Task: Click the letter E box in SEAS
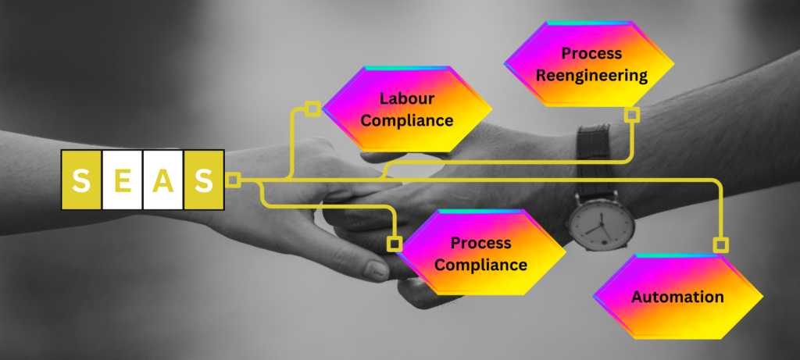[x=122, y=180]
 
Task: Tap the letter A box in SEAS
[x=162, y=180]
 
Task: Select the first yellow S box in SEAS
[x=81, y=180]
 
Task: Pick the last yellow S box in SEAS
[x=204, y=180]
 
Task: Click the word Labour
[x=406, y=99]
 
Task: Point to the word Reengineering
[x=591, y=75]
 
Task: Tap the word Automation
[x=677, y=297]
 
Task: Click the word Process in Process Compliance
[x=480, y=243]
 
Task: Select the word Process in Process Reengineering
[x=591, y=54]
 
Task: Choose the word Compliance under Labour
[x=406, y=120]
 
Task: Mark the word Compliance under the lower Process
[x=480, y=265]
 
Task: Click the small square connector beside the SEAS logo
[x=232, y=180]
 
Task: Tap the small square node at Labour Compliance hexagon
[x=312, y=109]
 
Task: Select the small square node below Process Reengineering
[x=632, y=115]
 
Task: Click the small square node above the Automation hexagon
[x=720, y=245]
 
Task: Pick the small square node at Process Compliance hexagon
[x=395, y=244]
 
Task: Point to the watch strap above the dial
[x=593, y=145]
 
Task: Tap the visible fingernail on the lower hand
[x=377, y=271]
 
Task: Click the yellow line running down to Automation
[x=720, y=211]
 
